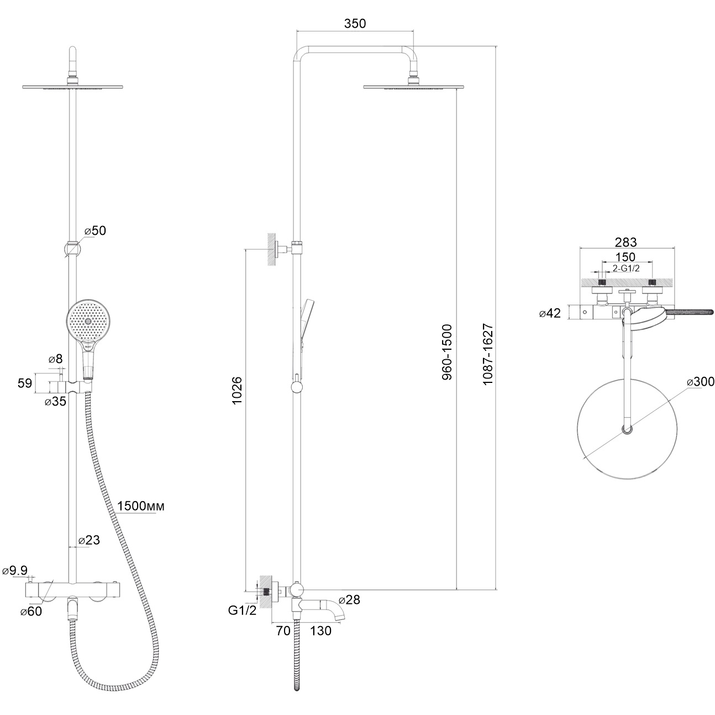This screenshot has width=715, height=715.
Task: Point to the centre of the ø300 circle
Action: coord(627,429)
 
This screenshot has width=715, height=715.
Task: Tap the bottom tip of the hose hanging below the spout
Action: coord(297,700)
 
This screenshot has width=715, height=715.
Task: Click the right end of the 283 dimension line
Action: coord(674,248)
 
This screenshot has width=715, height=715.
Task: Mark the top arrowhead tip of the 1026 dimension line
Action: coord(246,249)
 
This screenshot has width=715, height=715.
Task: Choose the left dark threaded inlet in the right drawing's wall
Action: coord(602,282)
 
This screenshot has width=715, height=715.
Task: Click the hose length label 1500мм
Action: coord(141,506)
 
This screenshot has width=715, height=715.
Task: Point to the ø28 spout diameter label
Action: coord(349,599)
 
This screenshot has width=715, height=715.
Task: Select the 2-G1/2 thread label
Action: coord(626,269)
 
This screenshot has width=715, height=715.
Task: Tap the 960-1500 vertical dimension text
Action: coord(447,352)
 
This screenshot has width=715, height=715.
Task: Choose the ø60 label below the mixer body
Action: coord(31,611)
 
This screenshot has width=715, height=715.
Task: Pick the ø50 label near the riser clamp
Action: coord(95,230)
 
